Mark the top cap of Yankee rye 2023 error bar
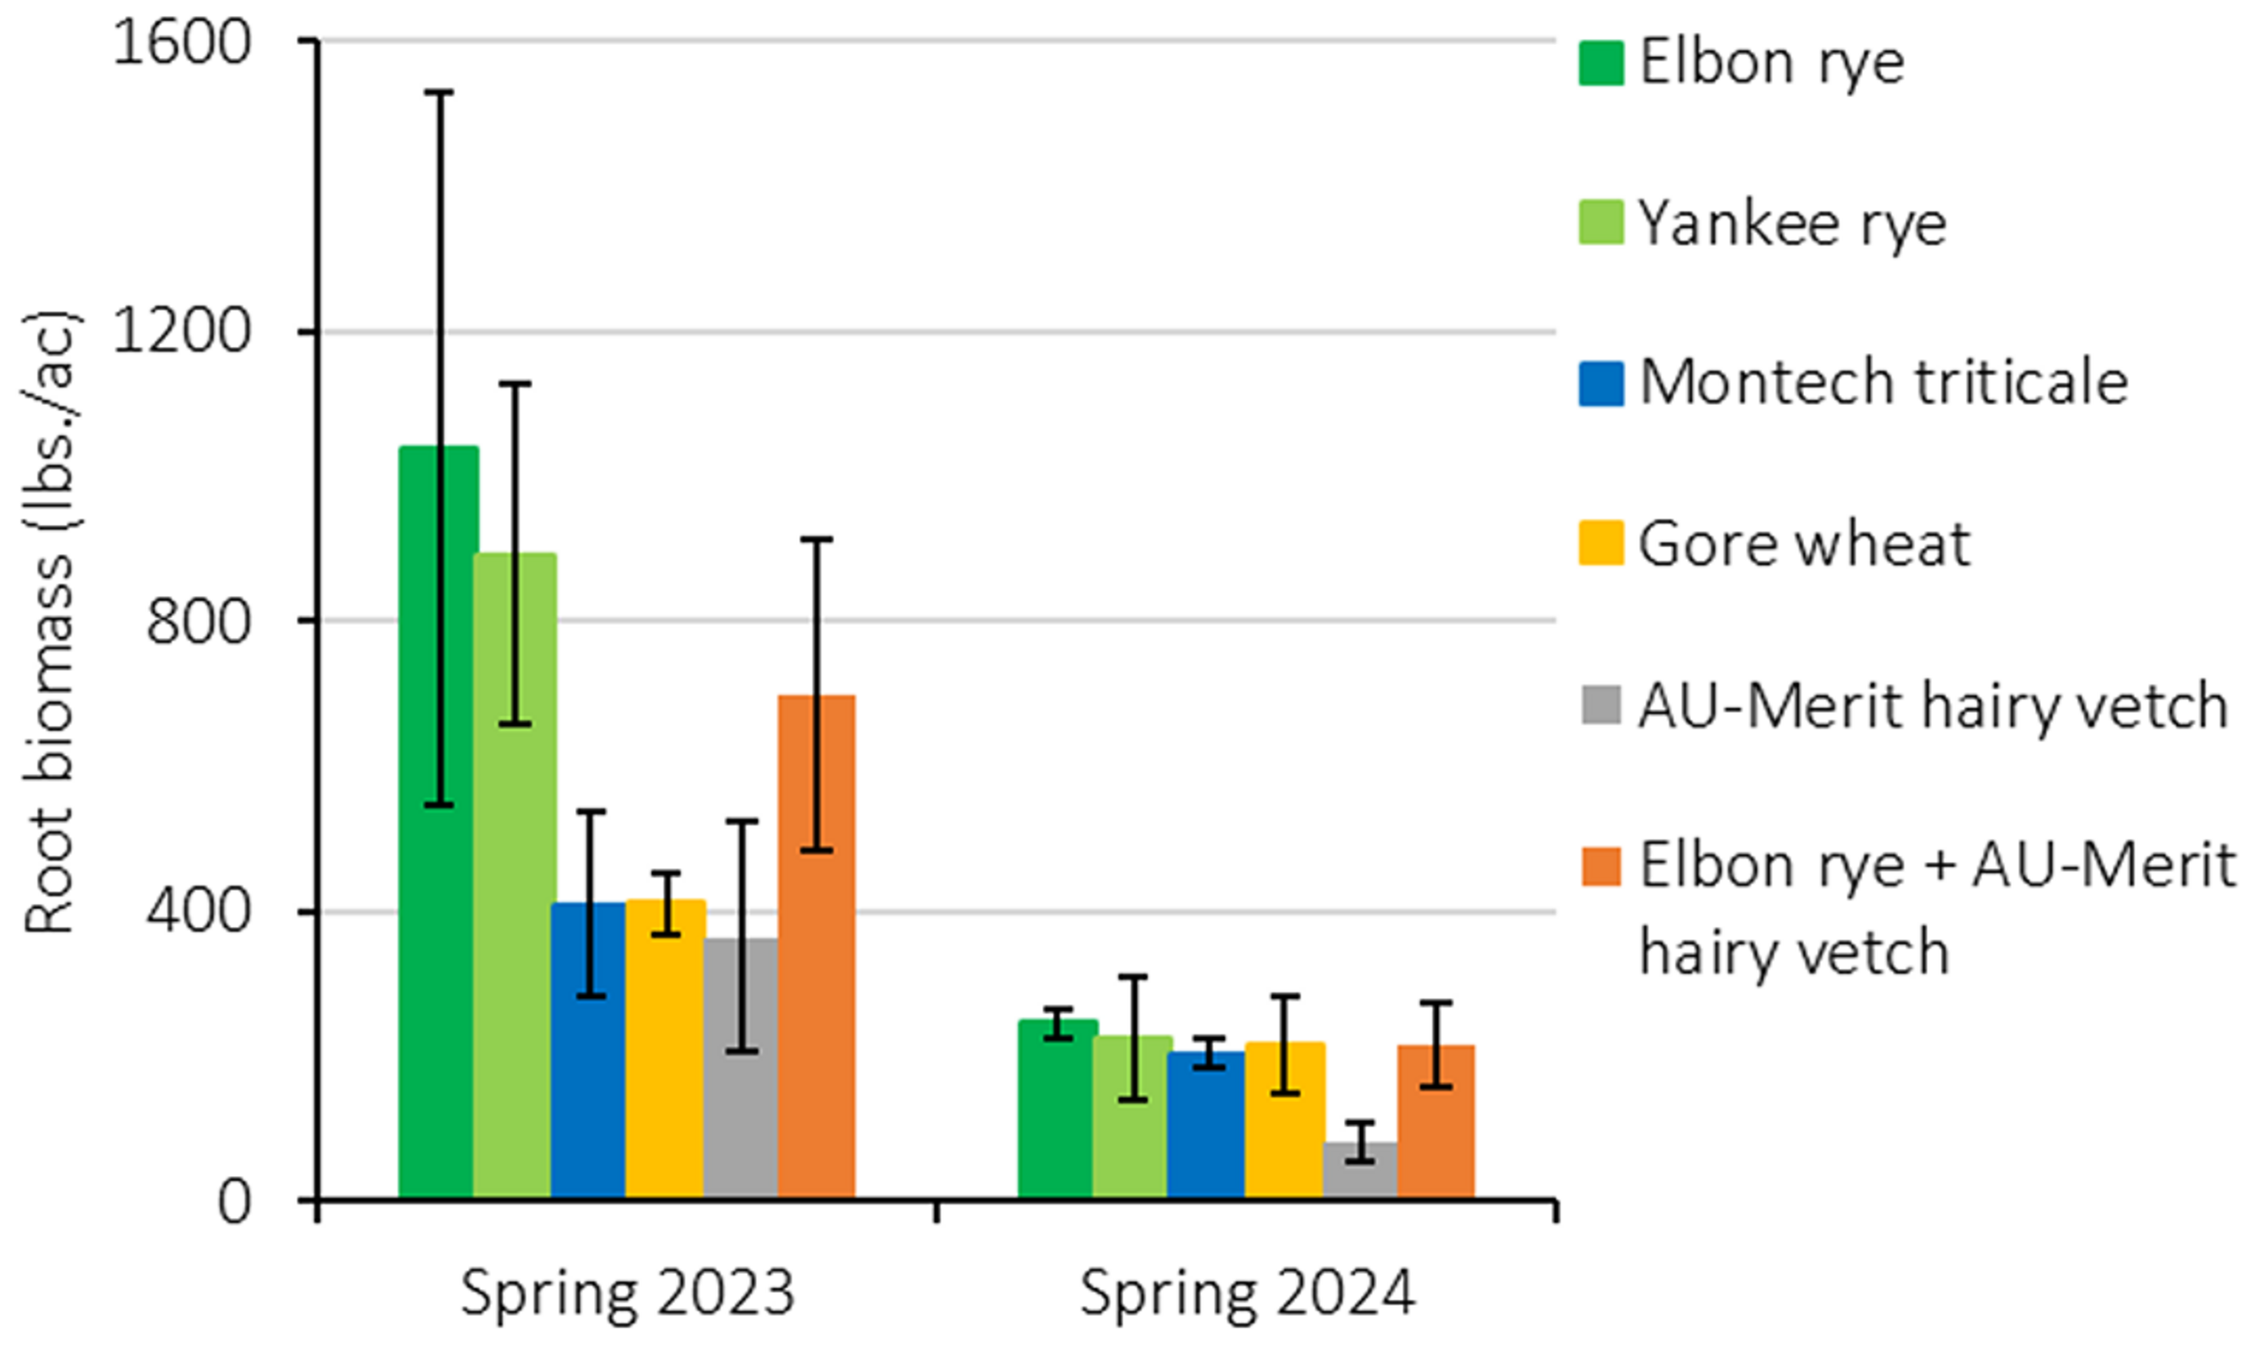click(515, 384)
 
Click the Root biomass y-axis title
click(51, 623)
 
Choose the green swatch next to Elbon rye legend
click(1600, 63)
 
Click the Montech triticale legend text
click(1883, 382)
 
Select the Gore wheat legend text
click(1803, 545)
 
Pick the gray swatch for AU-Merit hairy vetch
click(1600, 705)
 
